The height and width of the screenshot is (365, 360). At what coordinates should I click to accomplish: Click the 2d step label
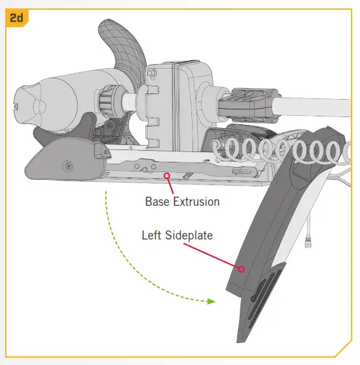pyautogui.click(x=16, y=17)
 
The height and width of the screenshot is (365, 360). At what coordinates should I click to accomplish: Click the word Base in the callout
pyautogui.click(x=157, y=201)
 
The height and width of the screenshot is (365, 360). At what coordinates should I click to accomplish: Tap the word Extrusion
pyautogui.click(x=196, y=201)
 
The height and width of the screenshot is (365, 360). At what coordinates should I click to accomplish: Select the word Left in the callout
pyautogui.click(x=151, y=235)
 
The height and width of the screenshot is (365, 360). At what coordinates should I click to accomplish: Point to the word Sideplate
pyautogui.click(x=189, y=236)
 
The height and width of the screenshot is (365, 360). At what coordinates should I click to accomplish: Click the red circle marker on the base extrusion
pyautogui.click(x=167, y=176)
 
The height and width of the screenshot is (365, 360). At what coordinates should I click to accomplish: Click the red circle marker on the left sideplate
pyautogui.click(x=241, y=269)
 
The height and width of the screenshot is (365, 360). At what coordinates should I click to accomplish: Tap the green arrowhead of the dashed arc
pyautogui.click(x=211, y=302)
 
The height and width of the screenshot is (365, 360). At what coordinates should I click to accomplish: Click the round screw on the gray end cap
pyautogui.click(x=68, y=166)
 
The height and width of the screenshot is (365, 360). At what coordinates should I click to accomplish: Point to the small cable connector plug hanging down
pyautogui.click(x=308, y=243)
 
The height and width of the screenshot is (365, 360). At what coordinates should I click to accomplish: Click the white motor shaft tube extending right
pyautogui.click(x=312, y=107)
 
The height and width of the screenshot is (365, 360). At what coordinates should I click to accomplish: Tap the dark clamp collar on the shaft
pyautogui.click(x=249, y=105)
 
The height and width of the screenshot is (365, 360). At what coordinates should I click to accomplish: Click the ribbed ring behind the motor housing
pyautogui.click(x=107, y=101)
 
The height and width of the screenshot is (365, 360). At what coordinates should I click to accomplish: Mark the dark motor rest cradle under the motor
pyautogui.click(x=65, y=130)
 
